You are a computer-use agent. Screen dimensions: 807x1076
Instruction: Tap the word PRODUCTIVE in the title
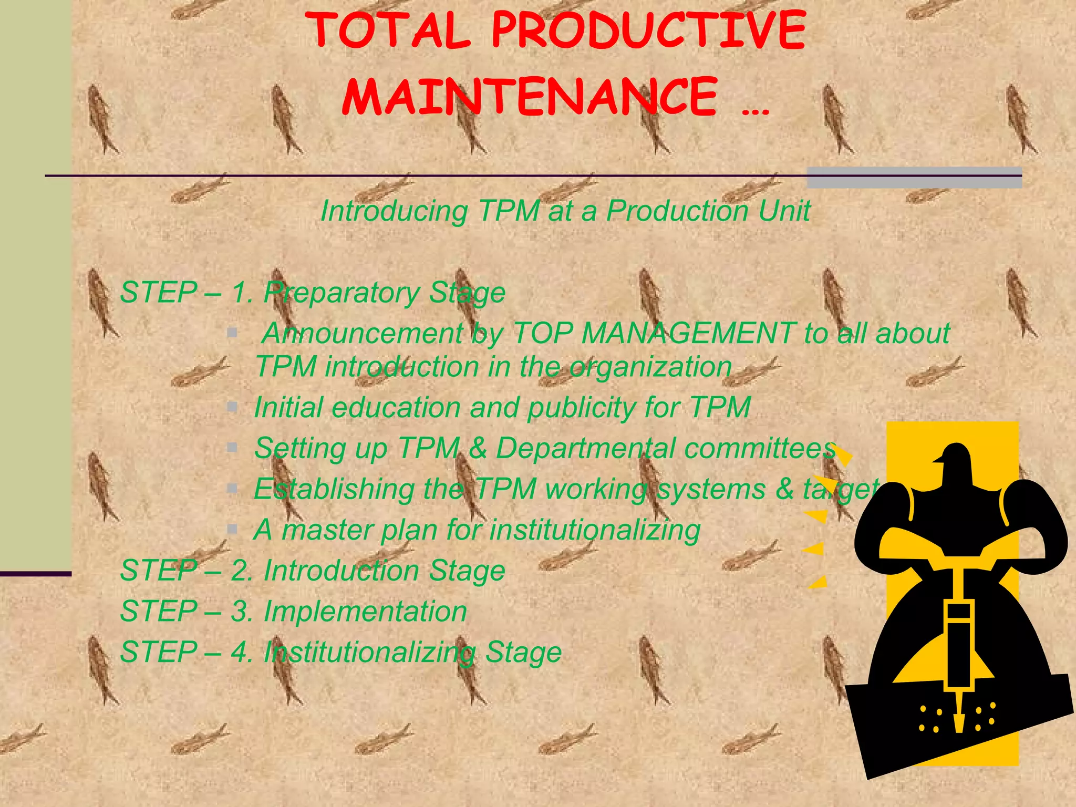coord(648,31)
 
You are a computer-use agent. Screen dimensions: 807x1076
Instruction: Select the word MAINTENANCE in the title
coord(530,97)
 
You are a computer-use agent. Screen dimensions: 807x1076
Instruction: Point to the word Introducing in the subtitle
coord(394,212)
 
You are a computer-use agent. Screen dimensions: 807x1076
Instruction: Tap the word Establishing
coord(333,490)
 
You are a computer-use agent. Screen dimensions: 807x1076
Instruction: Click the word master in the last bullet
coord(327,530)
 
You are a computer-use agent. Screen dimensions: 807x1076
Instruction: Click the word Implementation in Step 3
coord(365,612)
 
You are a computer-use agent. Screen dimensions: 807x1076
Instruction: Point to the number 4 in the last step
coord(240,653)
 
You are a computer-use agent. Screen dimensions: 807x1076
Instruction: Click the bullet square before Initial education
coord(232,406)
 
